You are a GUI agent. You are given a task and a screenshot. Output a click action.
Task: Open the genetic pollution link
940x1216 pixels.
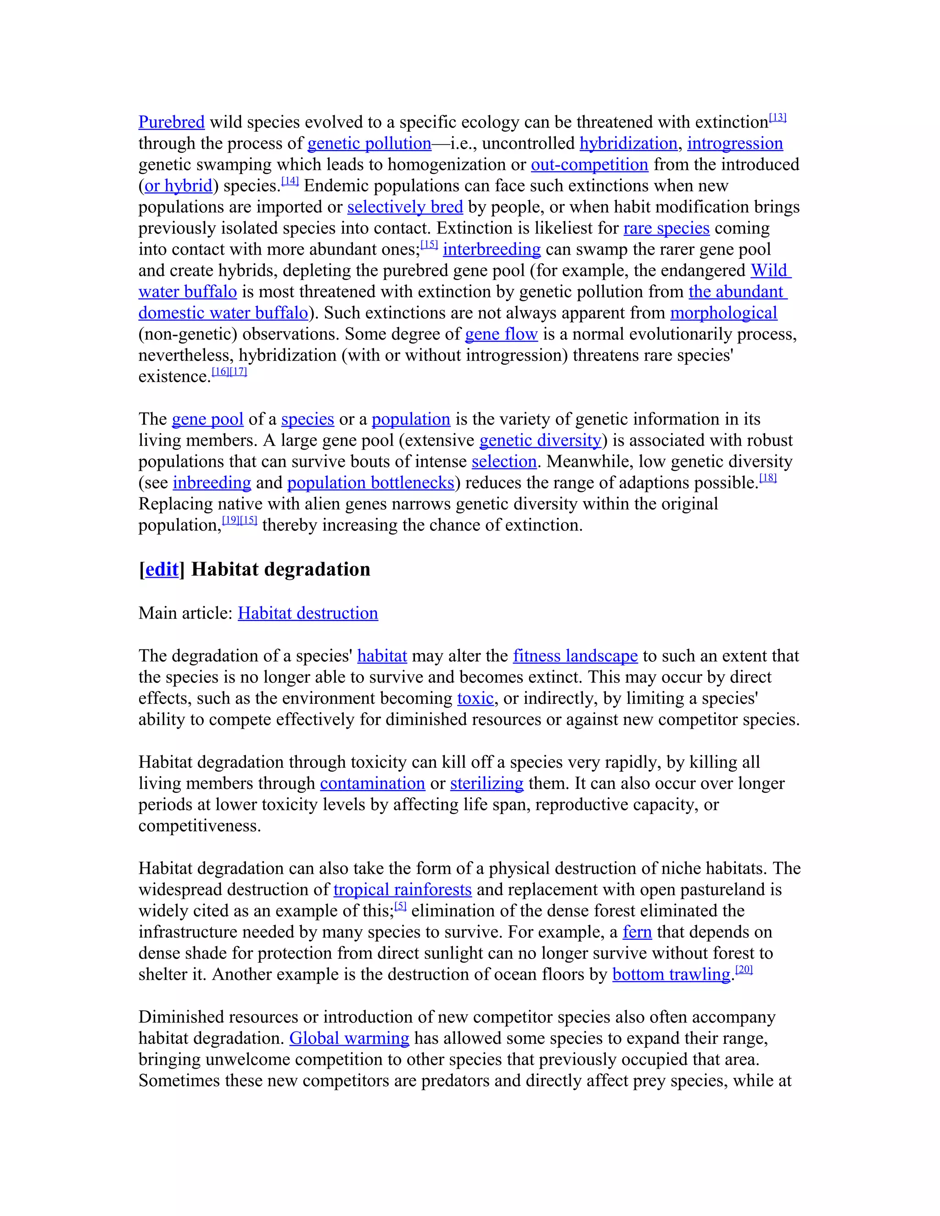click(369, 143)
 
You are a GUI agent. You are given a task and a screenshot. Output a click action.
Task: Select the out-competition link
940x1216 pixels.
click(589, 164)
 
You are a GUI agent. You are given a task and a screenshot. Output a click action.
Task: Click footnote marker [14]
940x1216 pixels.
click(290, 181)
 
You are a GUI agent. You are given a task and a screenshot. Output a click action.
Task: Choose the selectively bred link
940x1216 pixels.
click(405, 206)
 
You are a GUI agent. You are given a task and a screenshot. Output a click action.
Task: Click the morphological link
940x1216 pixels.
click(723, 312)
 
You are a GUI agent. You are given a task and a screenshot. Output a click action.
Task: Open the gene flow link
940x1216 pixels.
click(501, 334)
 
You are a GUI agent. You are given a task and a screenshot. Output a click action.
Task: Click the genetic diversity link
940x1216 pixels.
click(540, 440)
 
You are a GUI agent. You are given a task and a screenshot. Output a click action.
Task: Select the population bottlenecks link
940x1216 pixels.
click(371, 482)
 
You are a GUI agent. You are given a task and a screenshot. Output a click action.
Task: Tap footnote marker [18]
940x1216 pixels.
click(767, 478)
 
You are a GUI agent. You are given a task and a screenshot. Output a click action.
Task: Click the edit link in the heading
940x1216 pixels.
click(162, 569)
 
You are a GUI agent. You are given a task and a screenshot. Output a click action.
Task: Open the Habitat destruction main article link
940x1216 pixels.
click(308, 613)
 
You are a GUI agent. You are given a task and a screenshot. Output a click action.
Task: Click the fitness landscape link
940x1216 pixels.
click(575, 655)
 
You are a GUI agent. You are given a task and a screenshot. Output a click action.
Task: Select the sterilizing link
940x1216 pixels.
click(486, 783)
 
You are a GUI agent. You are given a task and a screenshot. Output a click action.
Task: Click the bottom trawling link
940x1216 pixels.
click(671, 974)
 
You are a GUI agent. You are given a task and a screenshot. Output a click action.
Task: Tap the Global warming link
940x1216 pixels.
click(349, 1038)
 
